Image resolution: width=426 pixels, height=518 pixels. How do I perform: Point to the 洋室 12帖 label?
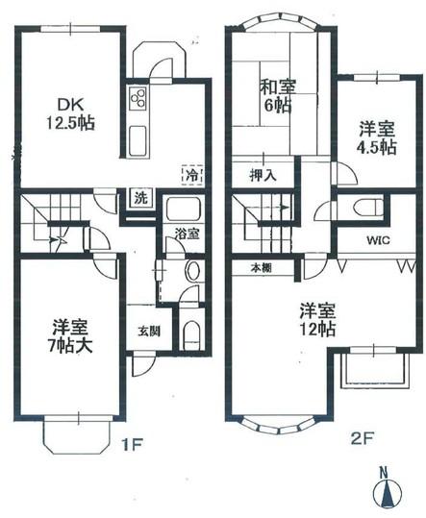[315, 319]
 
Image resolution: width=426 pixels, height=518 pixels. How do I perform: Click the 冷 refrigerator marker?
[192, 176]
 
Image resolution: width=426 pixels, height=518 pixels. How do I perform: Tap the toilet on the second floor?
[363, 208]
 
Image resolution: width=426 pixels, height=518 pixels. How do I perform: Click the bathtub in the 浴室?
[179, 210]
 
